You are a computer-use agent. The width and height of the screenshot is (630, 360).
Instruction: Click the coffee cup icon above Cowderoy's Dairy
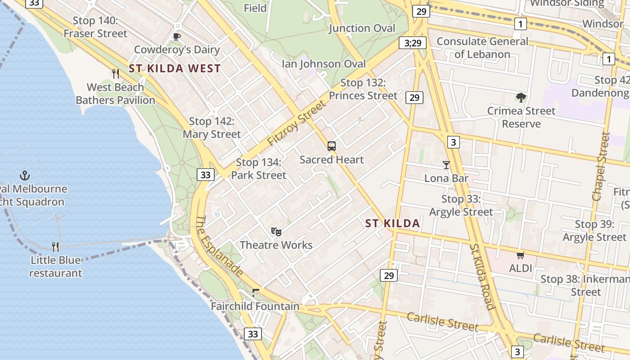coord(177,36)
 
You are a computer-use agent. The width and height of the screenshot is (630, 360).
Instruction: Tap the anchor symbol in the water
coord(25,175)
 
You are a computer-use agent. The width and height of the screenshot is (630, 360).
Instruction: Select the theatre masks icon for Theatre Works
coord(276,232)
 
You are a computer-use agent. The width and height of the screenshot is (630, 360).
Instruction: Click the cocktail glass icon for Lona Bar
coord(446,165)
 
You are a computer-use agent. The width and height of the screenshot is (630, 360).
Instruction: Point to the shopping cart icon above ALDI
coord(521,256)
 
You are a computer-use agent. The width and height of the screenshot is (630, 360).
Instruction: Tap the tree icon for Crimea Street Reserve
coord(521,97)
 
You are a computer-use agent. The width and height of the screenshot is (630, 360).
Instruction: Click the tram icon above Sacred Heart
coord(332,146)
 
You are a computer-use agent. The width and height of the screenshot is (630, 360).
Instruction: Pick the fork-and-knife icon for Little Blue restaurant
coord(55,247)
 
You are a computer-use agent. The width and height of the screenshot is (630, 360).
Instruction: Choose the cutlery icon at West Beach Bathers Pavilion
coord(116,73)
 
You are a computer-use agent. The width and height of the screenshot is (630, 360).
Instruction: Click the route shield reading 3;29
coord(413,43)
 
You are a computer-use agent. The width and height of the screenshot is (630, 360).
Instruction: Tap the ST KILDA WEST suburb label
coord(175,69)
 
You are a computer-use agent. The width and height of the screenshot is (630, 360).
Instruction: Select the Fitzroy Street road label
coord(296,123)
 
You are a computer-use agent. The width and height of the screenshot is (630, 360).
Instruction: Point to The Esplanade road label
coord(220,245)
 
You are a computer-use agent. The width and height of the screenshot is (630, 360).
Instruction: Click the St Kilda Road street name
coord(482,276)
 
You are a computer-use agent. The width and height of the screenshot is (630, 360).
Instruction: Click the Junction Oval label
coord(362,28)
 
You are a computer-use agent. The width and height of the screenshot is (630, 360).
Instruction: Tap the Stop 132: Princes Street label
coord(363,89)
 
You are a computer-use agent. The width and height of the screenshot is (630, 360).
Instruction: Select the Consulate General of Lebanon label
coord(482,48)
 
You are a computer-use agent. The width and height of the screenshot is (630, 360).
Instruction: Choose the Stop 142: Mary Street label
coord(212,128)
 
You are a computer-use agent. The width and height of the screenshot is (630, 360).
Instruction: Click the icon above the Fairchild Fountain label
coord(256,293)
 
